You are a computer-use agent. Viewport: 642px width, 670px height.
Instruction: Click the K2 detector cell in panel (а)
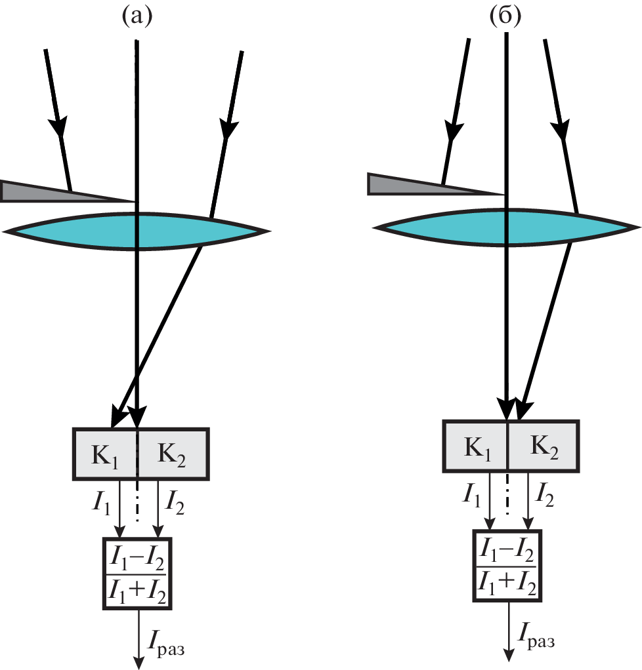173,454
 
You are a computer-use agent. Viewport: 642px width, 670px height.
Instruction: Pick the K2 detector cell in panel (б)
543,446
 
